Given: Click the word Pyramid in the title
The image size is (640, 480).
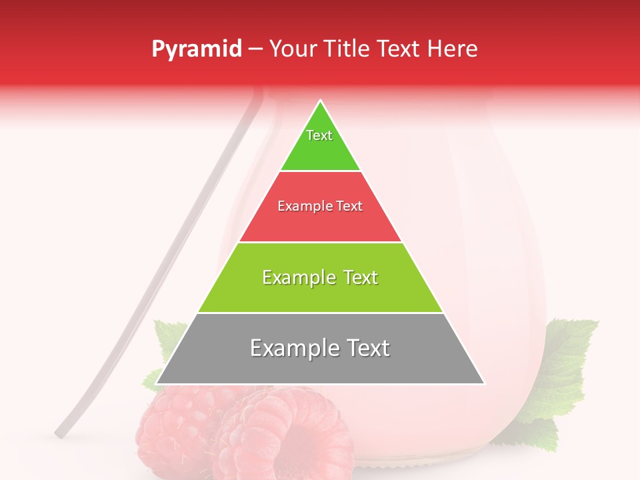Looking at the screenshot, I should tap(196, 49).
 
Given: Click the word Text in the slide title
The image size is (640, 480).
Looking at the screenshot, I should tap(399, 49).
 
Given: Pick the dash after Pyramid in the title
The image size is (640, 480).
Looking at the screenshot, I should tap(255, 49).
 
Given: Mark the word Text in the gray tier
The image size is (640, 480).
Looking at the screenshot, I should tap(365, 348).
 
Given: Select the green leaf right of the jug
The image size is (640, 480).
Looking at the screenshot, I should tap(567, 360).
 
